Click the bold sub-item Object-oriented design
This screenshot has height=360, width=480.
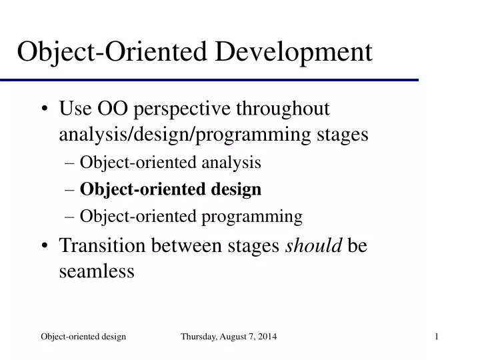[x=170, y=190]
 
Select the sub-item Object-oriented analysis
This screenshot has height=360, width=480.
[x=170, y=163]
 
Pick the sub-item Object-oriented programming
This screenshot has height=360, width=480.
[x=191, y=217]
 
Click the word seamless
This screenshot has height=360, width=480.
[x=97, y=271]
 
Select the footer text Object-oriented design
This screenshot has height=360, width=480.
[x=83, y=338]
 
